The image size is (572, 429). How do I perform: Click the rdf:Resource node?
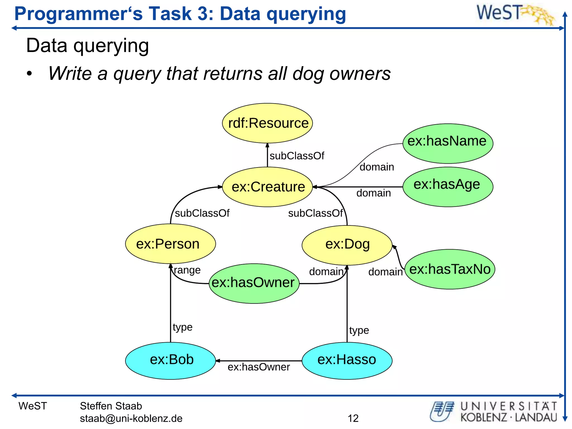coord(267,123)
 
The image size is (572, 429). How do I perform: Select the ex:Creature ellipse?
coord(267,187)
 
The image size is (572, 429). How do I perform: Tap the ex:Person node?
coord(170,244)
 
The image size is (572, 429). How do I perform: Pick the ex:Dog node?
coord(347,245)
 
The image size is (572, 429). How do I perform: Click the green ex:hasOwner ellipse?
coord(254,283)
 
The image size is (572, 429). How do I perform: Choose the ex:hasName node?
coord(448,143)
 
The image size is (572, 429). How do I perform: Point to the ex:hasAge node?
coord(448,187)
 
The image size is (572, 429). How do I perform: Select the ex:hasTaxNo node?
coord(450,269)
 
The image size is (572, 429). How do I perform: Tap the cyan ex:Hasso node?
coord(347,361)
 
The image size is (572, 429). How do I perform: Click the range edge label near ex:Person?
coord(187,270)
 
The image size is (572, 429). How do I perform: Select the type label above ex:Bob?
coord(182,327)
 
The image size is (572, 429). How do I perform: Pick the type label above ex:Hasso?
coord(359,330)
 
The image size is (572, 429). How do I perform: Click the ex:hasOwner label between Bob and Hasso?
coord(259,367)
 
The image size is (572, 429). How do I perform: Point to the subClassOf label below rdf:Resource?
coord(297,156)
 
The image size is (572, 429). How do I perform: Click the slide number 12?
coord(353,418)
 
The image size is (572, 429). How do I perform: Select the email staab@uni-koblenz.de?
coord(131,418)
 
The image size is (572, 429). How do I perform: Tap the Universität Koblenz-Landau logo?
coord(493,411)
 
